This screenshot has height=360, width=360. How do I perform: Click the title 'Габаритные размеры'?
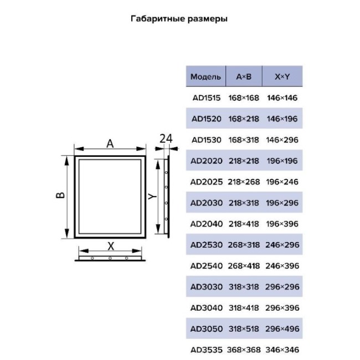(179, 19)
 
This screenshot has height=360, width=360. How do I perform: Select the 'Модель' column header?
(205, 76)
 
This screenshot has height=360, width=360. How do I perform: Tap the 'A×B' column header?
(244, 76)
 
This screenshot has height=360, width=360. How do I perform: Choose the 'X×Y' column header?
(282, 76)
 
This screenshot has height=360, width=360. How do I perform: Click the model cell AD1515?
(207, 98)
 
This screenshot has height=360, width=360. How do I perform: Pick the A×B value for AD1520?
(244, 119)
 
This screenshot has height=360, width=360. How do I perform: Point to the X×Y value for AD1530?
(282, 140)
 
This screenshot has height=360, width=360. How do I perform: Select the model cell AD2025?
(207, 182)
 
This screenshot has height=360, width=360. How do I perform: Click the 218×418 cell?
(244, 224)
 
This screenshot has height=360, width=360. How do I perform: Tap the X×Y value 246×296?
(282, 245)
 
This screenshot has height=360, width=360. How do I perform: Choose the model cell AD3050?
(207, 329)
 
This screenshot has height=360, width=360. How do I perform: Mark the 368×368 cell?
(244, 350)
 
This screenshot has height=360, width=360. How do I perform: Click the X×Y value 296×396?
(282, 307)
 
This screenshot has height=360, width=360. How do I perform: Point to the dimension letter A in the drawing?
(110, 144)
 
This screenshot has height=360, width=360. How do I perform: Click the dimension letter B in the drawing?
(60, 195)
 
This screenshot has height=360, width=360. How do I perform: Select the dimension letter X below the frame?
(111, 246)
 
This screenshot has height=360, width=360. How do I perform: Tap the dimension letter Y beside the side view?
(152, 196)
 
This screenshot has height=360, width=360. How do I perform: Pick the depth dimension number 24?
(166, 139)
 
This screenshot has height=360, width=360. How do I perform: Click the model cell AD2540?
(207, 266)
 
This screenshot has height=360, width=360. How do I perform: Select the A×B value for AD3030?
(244, 287)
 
